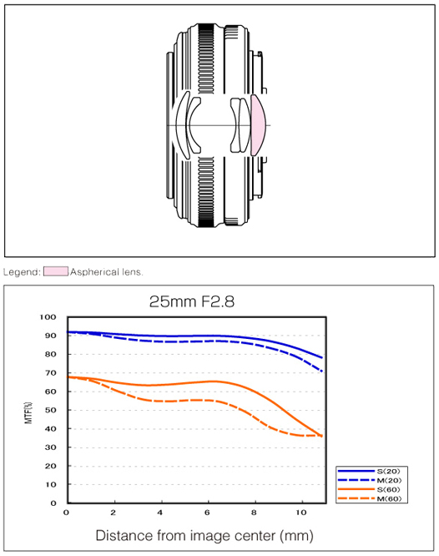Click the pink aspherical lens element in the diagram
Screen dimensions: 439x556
pyautogui.click(x=258, y=125)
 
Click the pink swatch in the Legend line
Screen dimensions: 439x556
pyautogui.click(x=56, y=271)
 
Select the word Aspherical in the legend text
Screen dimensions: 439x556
pyautogui.click(x=94, y=272)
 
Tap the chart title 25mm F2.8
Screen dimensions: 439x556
pyautogui.click(x=192, y=301)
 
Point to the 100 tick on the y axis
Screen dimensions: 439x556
pyautogui.click(x=48, y=317)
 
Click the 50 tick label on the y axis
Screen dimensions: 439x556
pyautogui.click(x=51, y=410)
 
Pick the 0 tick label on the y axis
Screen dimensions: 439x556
pyautogui.click(x=53, y=503)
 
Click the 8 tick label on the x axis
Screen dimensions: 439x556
pyautogui.click(x=254, y=513)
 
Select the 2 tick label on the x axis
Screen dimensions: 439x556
pyautogui.click(x=114, y=513)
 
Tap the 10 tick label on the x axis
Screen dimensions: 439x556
pyautogui.click(x=301, y=513)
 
